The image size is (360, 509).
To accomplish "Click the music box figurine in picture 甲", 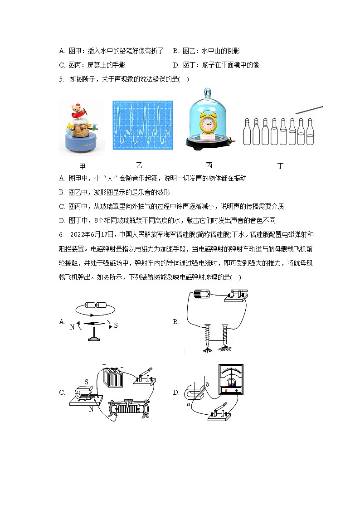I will pos(81,127).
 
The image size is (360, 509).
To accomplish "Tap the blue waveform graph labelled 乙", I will pos(143,125).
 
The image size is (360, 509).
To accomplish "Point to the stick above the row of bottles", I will pos(309,110).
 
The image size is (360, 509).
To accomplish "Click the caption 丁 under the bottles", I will pos(281,166).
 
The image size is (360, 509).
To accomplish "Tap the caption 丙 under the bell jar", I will pos(209,165).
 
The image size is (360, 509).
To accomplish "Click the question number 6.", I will pos(61,235).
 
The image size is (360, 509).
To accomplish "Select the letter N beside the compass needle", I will pos(72,326).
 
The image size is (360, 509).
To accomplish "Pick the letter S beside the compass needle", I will pos(116,325).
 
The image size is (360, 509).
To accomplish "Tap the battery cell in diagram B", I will pos(201,295).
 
